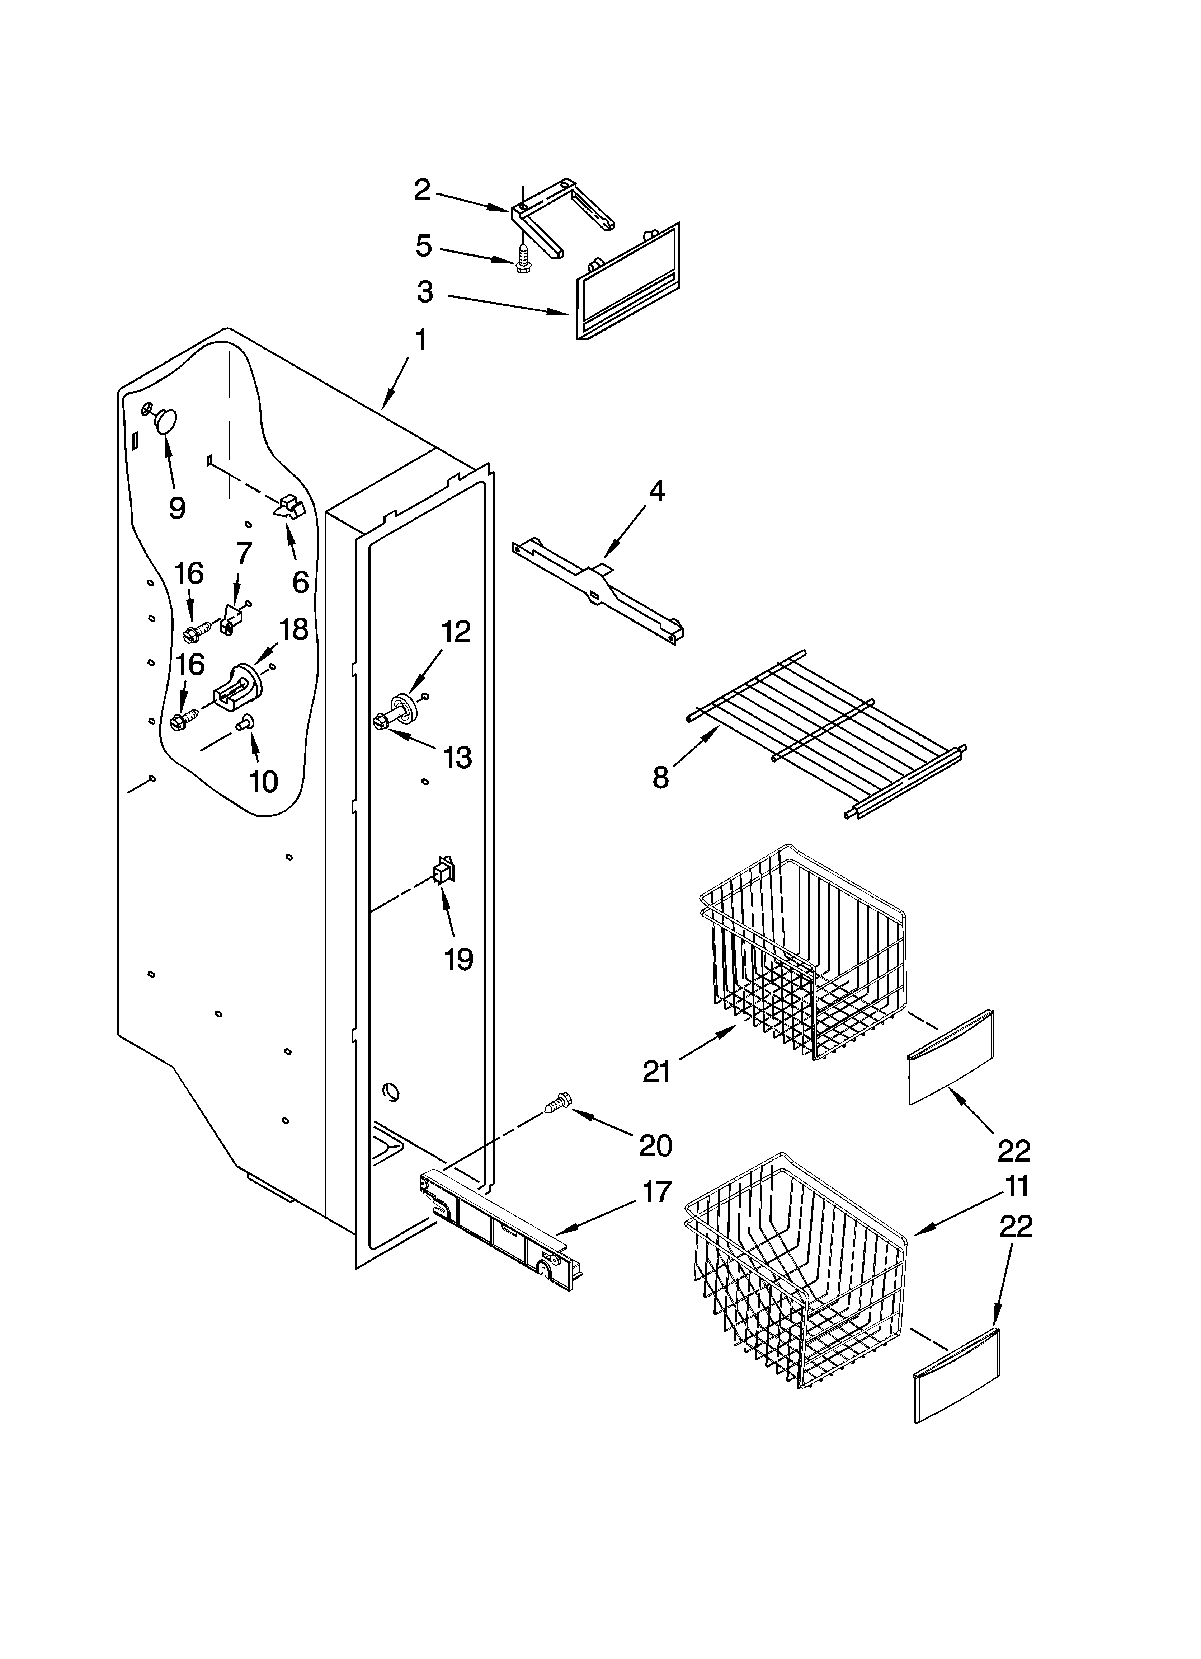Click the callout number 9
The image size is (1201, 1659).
(x=176, y=508)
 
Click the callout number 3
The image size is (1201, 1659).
(x=425, y=291)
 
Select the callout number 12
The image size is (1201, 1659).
(x=456, y=631)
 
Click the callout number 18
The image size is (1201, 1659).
(x=294, y=629)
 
